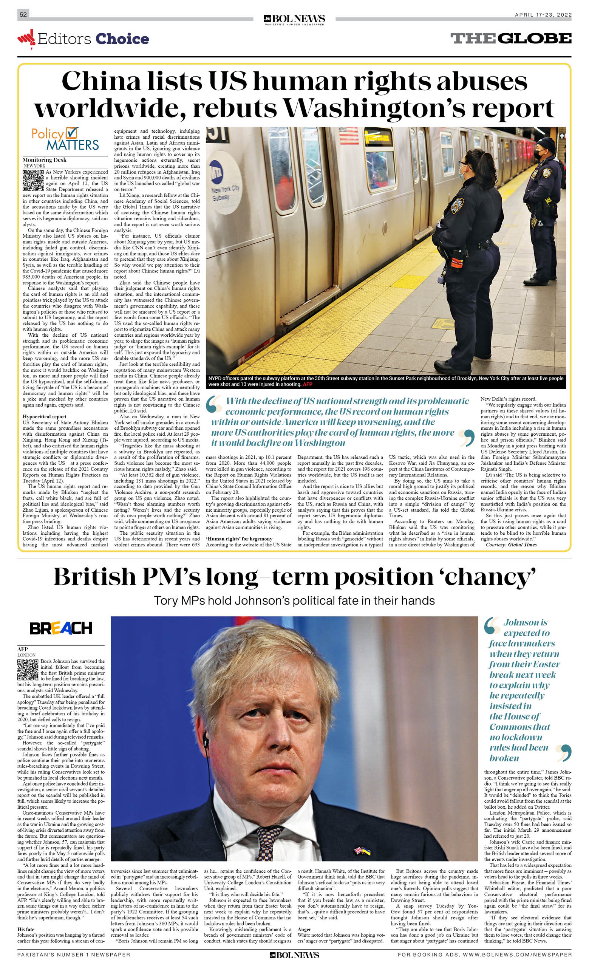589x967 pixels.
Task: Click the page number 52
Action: click(x=23, y=14)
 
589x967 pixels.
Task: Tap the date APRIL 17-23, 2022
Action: click(x=543, y=15)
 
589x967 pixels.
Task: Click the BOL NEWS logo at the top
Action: click(x=294, y=19)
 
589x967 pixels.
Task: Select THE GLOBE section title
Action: click(x=510, y=39)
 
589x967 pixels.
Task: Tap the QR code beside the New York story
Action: click(x=33, y=181)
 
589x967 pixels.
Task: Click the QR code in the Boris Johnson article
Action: click(x=28, y=670)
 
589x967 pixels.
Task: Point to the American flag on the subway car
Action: click(x=348, y=135)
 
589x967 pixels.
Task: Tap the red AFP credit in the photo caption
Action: click(x=307, y=384)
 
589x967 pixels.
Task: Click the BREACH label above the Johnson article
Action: click(x=61, y=628)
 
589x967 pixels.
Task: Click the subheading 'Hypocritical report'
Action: click(x=44, y=417)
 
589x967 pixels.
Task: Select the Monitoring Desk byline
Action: click(x=44, y=160)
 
